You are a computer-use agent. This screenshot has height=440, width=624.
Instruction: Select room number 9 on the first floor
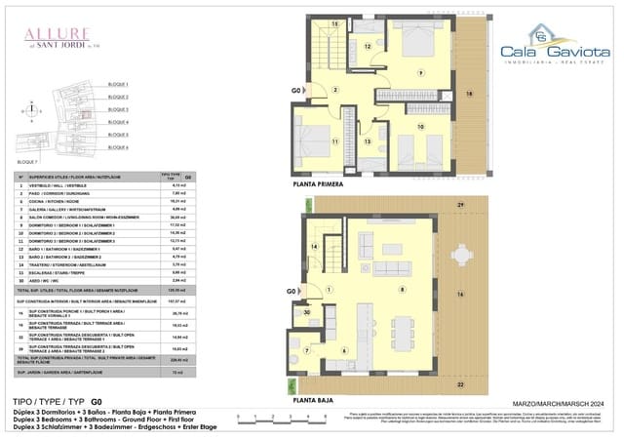point(420,73)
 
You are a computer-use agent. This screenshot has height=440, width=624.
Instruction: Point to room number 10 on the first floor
point(421,126)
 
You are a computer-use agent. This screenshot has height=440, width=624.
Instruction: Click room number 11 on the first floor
point(333,141)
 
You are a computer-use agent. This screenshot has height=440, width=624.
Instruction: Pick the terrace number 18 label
point(469,94)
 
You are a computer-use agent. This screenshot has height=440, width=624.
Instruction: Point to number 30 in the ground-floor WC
point(306,311)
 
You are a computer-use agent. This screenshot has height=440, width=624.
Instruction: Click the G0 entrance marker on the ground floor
point(291,292)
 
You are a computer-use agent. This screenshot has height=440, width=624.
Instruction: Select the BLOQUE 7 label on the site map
point(28,160)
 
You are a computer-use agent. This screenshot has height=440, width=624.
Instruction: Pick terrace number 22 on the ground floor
point(460,384)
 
